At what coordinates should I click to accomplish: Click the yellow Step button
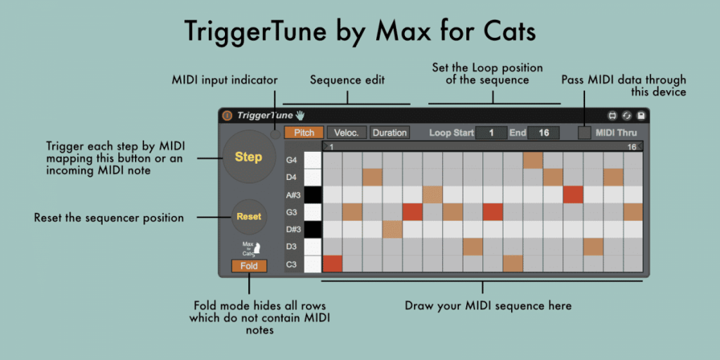(248, 157)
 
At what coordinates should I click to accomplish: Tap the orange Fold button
(249, 266)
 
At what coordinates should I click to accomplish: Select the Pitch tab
(304, 132)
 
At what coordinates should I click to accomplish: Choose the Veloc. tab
(347, 132)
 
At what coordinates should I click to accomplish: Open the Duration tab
(389, 132)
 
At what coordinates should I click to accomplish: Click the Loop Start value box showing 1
(491, 132)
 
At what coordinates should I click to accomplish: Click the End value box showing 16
(543, 132)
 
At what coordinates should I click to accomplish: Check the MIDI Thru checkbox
(584, 132)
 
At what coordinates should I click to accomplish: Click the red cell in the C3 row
(332, 264)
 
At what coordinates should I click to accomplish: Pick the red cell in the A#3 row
(573, 195)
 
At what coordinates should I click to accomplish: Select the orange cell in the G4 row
(533, 160)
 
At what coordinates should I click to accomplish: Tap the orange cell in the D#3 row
(392, 229)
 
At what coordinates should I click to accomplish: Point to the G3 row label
(291, 212)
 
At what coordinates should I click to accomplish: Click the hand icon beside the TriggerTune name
(300, 115)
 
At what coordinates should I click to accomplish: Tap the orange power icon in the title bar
(227, 115)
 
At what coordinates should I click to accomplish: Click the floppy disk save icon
(641, 115)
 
